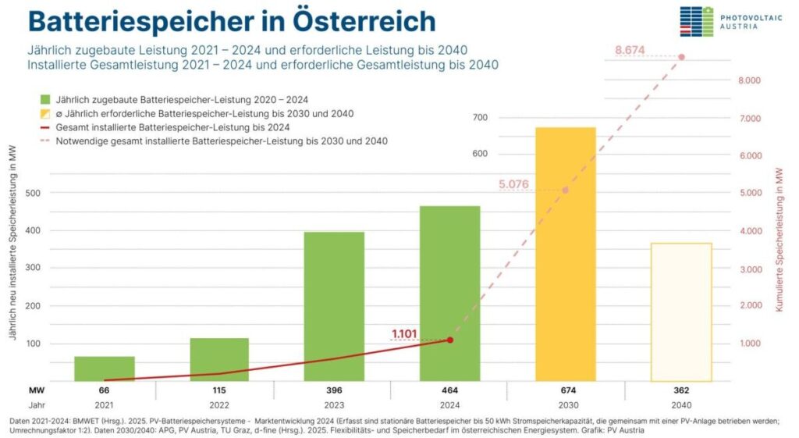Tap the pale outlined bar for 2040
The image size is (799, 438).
click(681, 312)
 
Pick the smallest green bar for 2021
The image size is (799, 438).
click(105, 369)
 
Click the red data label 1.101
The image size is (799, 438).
click(404, 334)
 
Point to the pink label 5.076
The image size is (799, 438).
click(513, 185)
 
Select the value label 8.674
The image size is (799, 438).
click(630, 50)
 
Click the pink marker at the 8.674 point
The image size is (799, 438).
click(681, 57)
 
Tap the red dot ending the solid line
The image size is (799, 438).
click(450, 340)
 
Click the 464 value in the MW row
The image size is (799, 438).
click(449, 390)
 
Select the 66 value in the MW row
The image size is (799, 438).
click(105, 390)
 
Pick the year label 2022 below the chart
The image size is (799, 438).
click(219, 406)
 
